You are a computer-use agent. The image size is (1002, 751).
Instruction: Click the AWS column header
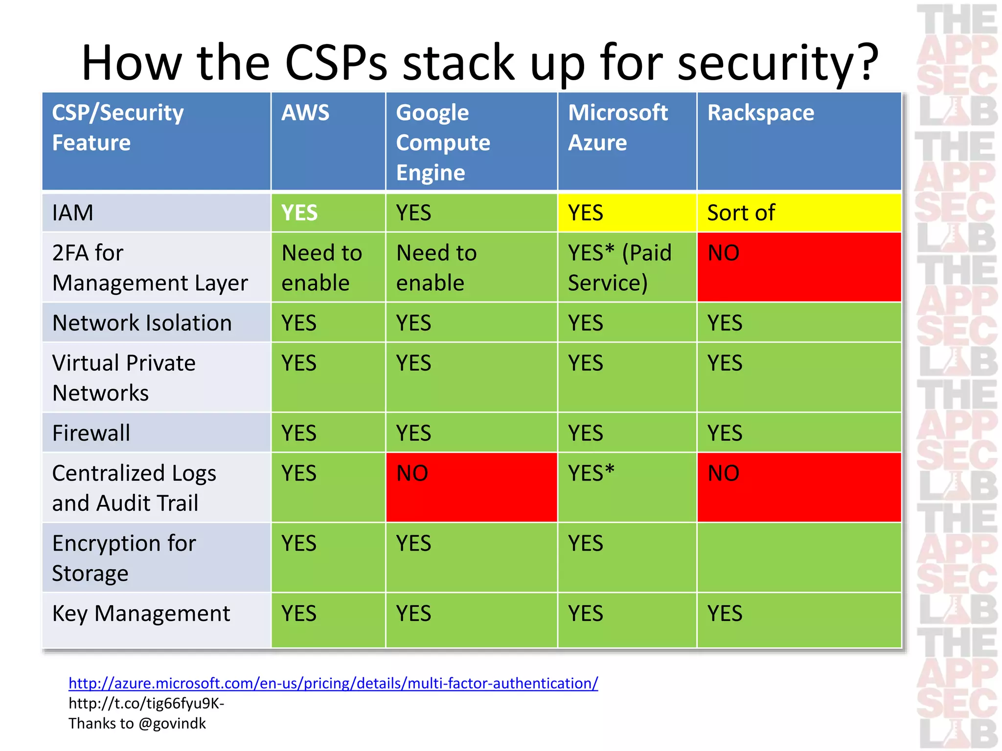305,113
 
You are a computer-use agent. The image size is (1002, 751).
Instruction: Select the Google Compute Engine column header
443,142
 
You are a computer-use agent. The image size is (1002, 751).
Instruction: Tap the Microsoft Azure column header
617,128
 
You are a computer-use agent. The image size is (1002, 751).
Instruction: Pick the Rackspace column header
760,113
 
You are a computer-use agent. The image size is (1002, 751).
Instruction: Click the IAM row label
73,213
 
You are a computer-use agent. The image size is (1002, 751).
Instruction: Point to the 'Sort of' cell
741,213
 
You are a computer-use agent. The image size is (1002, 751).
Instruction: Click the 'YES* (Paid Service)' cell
619,268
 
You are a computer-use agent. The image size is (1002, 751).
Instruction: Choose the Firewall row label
91,433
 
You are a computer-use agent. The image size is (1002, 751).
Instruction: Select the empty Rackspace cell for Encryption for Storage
798,557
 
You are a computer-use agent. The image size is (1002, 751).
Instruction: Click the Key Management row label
141,614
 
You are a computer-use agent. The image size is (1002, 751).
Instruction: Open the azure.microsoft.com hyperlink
333,683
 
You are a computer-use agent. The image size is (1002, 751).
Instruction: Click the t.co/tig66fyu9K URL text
146,704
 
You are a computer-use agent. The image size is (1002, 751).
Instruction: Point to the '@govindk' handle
172,724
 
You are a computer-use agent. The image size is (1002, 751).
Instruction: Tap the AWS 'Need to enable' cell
321,268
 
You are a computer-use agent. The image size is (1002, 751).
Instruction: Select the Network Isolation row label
142,323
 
